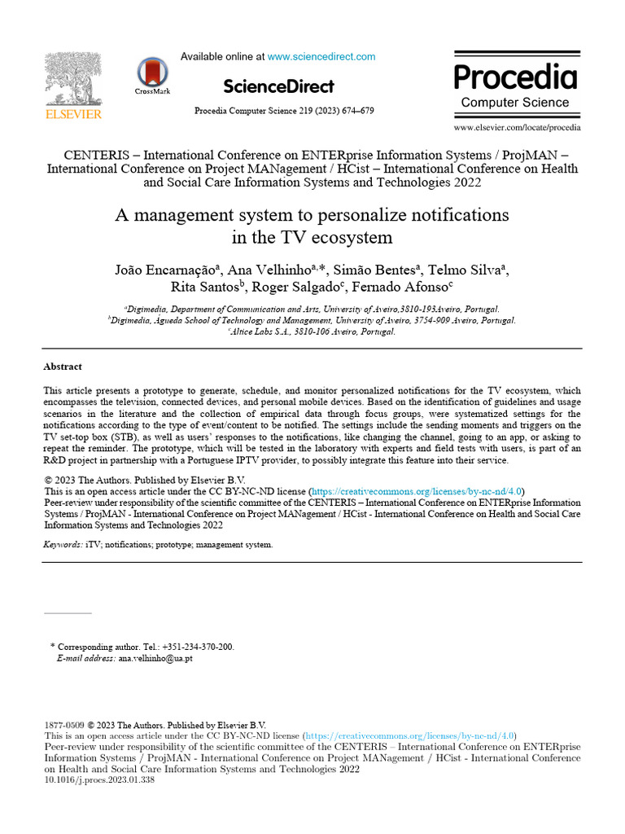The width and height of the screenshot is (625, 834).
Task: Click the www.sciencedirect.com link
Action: [321, 57]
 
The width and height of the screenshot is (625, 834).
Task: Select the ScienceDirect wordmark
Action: [278, 86]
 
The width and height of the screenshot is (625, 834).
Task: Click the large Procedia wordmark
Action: [515, 77]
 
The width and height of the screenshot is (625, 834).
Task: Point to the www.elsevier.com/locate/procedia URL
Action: [517, 128]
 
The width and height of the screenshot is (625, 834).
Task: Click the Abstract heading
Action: [63, 367]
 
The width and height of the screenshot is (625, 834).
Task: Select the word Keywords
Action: [62, 544]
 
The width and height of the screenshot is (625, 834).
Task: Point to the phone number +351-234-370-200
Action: [196, 647]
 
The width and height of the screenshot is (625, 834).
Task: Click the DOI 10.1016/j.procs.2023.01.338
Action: [98, 779]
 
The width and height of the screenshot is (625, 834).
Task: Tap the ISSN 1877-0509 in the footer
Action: [63, 725]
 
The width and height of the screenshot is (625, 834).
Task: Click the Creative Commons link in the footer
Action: [411, 735]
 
